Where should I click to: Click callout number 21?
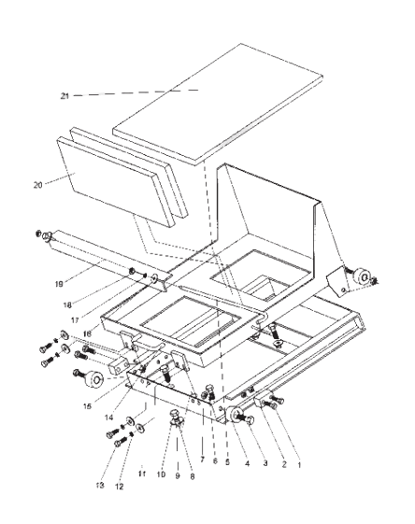[x=64, y=96]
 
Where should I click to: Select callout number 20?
[x=37, y=185]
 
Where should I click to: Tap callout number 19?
[x=59, y=284]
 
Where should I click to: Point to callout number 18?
[x=67, y=305]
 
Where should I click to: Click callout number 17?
[x=75, y=320]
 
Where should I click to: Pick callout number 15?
[x=87, y=406]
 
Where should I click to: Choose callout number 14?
[x=109, y=418]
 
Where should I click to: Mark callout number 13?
[x=100, y=486]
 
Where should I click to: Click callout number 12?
[x=119, y=487]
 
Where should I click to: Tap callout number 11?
[x=142, y=474]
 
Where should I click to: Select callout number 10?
[x=161, y=474]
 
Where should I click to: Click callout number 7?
[x=202, y=460]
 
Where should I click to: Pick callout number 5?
[x=227, y=463]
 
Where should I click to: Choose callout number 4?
[x=247, y=464]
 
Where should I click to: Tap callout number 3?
[x=265, y=463]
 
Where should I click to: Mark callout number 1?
[x=299, y=465]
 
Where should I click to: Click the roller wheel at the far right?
[x=363, y=276]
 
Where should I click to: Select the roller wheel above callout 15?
[x=93, y=379]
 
